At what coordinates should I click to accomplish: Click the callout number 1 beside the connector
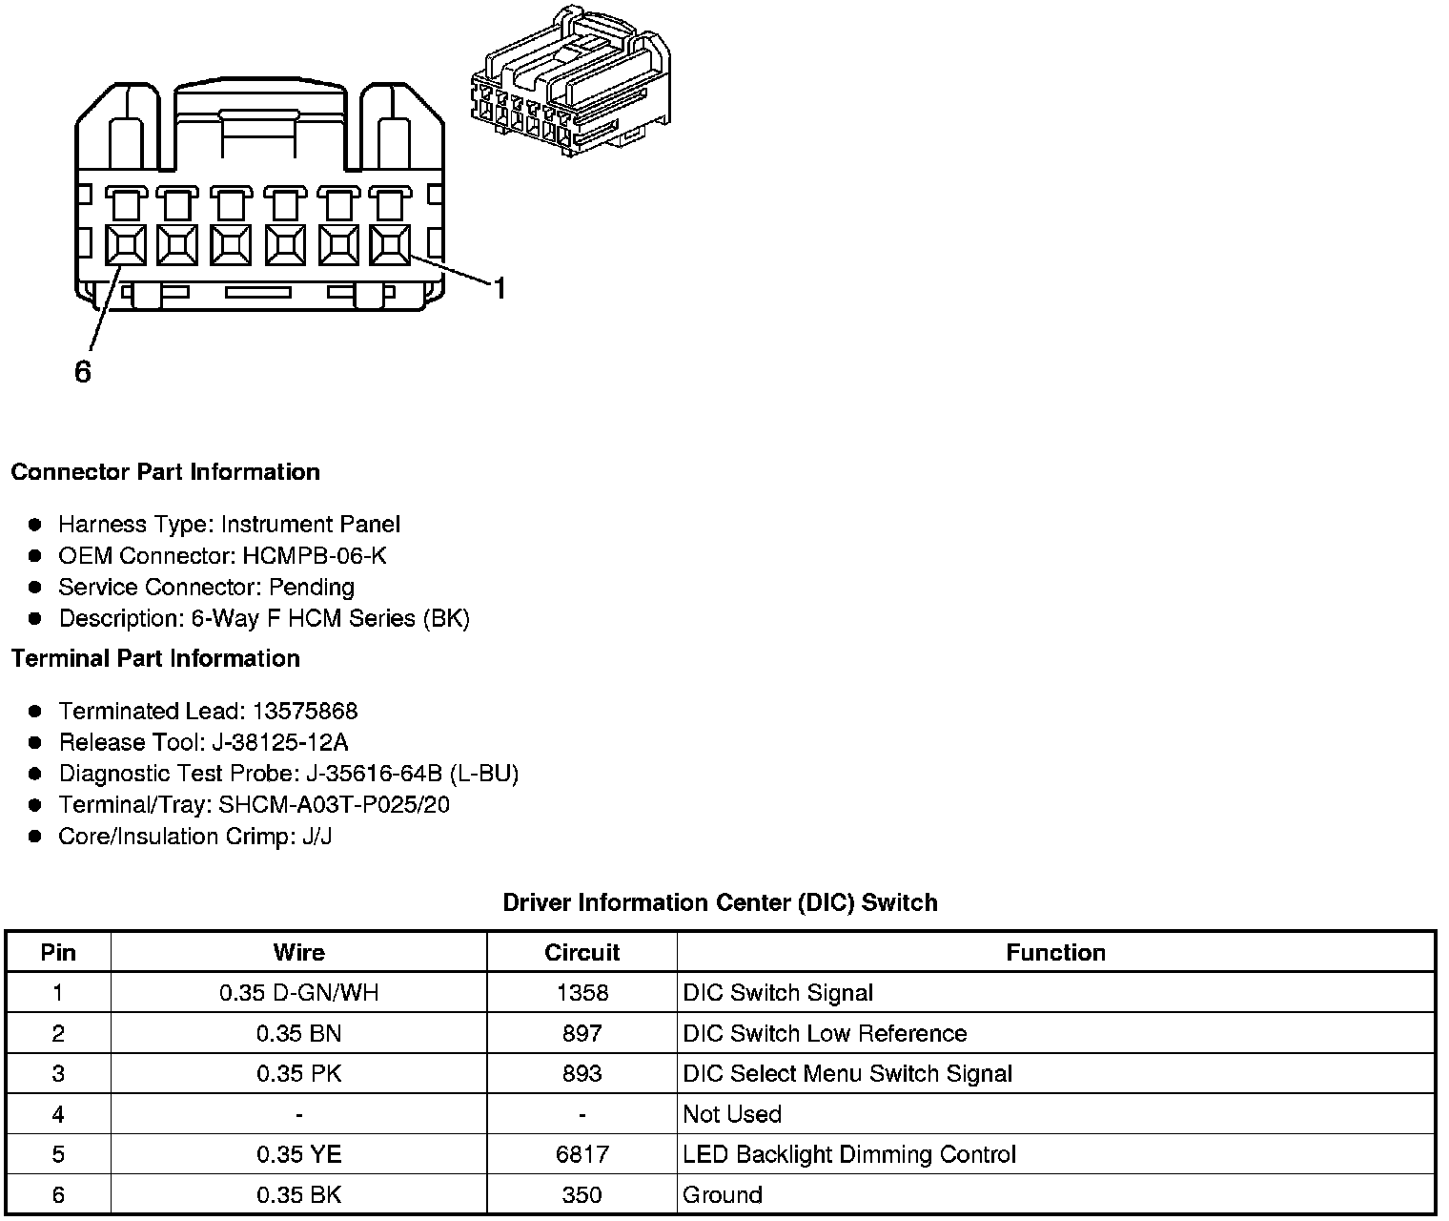pos(499,287)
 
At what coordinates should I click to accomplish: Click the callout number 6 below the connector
pos(83,372)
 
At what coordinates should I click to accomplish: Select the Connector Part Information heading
pos(165,472)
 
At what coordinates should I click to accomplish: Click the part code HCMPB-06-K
pos(315,555)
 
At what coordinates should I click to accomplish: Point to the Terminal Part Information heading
pos(155,658)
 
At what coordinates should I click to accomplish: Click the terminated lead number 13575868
pos(305,711)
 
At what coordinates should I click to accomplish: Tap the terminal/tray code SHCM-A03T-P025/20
pos(334,805)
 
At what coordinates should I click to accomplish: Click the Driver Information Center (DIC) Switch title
pos(720,902)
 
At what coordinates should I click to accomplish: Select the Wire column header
pos(298,952)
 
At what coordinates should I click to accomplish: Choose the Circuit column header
pos(582,952)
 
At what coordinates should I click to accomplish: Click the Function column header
pos(1055,952)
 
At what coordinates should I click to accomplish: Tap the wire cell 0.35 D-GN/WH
pos(298,993)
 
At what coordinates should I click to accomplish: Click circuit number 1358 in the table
pos(582,993)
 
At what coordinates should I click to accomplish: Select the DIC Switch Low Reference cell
pos(825,1033)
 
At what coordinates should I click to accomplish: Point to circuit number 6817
pos(582,1154)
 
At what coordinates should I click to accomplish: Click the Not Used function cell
pos(732,1114)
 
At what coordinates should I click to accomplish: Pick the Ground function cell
pos(723,1194)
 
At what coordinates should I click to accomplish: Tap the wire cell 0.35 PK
pos(298,1073)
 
